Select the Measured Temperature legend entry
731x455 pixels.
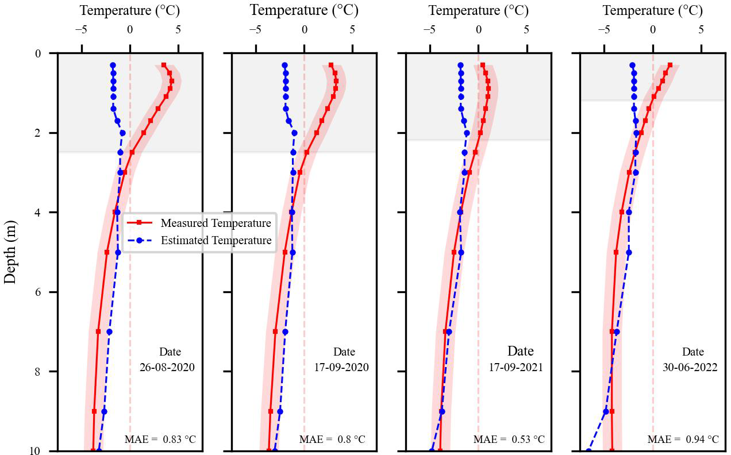pyautogui.click(x=216, y=223)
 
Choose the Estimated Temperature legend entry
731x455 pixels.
pyautogui.click(x=216, y=241)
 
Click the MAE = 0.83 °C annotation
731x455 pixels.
pyautogui.click(x=160, y=440)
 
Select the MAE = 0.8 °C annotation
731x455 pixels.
pyautogui.click(x=332, y=440)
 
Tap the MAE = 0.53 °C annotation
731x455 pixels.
pyautogui.click(x=509, y=440)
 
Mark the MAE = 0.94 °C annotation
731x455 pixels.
pyautogui.click(x=683, y=440)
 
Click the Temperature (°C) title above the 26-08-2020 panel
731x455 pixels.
pyautogui.click(x=130, y=10)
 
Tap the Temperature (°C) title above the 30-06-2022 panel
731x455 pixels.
pyautogui.click(x=652, y=10)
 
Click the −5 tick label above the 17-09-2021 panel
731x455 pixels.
pyautogui.click(x=429, y=30)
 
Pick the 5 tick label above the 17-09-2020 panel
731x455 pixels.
pyautogui.click(x=352, y=30)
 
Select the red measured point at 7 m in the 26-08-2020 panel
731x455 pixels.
pyautogui.click(x=98, y=331)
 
